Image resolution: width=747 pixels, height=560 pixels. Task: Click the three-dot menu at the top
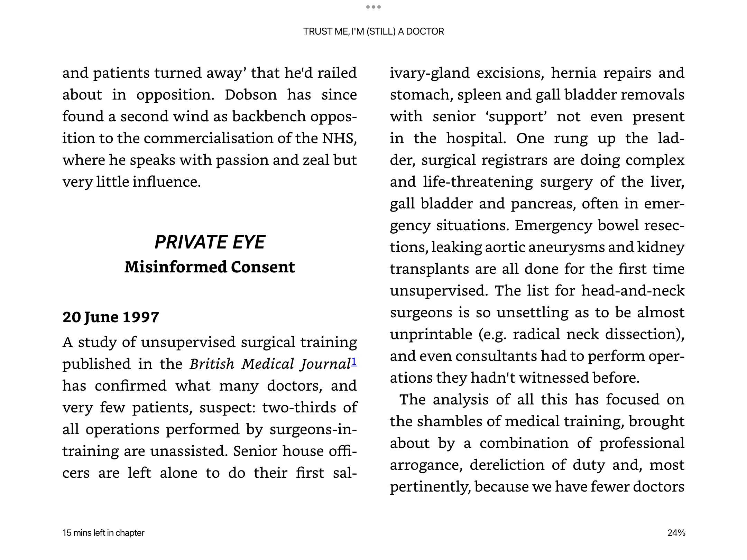tap(373, 7)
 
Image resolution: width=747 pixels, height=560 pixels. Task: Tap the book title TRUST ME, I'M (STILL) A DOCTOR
tap(373, 31)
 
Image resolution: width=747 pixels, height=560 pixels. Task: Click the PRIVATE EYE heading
tap(210, 242)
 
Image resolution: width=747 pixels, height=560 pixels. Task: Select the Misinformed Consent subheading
tap(210, 267)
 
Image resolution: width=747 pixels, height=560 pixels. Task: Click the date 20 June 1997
tap(111, 317)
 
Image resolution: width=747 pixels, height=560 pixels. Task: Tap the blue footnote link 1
tap(354, 362)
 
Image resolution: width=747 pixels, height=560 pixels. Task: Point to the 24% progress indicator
tap(676, 533)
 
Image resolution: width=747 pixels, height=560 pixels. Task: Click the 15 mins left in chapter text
tap(103, 533)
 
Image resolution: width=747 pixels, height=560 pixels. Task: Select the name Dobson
tap(251, 95)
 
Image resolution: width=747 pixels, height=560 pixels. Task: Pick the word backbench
tap(269, 116)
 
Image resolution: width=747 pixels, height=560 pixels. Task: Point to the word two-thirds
tap(299, 408)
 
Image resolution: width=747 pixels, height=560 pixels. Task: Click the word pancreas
tap(543, 204)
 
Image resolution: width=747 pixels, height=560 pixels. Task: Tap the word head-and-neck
tap(633, 291)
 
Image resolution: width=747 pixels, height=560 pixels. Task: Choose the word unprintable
tap(431, 334)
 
